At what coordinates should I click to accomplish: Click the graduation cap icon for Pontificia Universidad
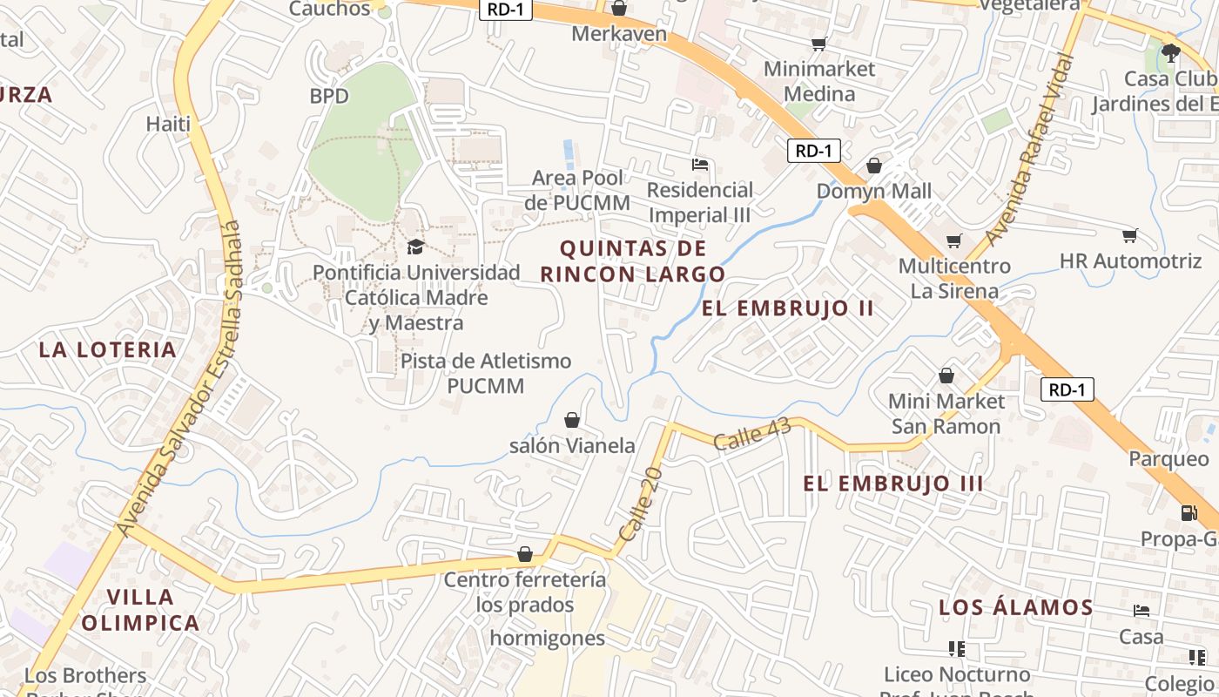coord(415,247)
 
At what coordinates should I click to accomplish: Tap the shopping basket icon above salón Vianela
coord(572,421)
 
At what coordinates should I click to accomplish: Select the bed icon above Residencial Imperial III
coord(699,165)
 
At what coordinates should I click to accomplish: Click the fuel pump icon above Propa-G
coord(1189,513)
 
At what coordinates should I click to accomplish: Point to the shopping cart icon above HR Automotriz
coord(1129,235)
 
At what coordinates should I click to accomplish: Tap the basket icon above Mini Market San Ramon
coord(946,376)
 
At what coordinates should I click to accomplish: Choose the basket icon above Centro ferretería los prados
coord(525,554)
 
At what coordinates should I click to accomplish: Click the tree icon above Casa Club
coord(1170,53)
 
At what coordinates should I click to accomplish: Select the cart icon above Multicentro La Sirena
coord(954,240)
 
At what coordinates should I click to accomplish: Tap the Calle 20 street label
coord(641,503)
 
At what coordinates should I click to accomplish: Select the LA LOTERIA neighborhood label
coord(108,350)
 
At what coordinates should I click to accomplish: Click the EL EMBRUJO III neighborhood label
coord(893,484)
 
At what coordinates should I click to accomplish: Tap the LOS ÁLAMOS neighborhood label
coord(1015,608)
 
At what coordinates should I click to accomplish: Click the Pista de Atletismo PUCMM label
coord(486,373)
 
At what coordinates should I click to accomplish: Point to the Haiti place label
coord(168,124)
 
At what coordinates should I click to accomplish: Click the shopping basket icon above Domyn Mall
coord(874,166)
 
